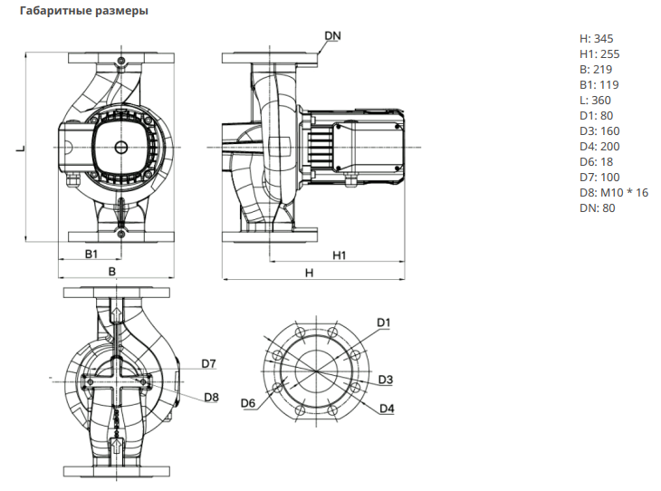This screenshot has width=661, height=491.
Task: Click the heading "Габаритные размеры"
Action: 84,11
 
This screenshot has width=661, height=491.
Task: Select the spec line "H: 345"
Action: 596,39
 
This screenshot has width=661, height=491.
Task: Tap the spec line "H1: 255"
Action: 599,54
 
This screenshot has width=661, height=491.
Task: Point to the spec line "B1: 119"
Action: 599,85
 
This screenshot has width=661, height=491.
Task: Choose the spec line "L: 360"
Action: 595,101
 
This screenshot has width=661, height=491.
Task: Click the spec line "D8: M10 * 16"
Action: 614,193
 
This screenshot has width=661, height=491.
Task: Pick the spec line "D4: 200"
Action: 599,147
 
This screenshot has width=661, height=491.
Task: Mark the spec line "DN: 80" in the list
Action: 597,208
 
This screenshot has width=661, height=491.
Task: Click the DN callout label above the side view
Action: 332,36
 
